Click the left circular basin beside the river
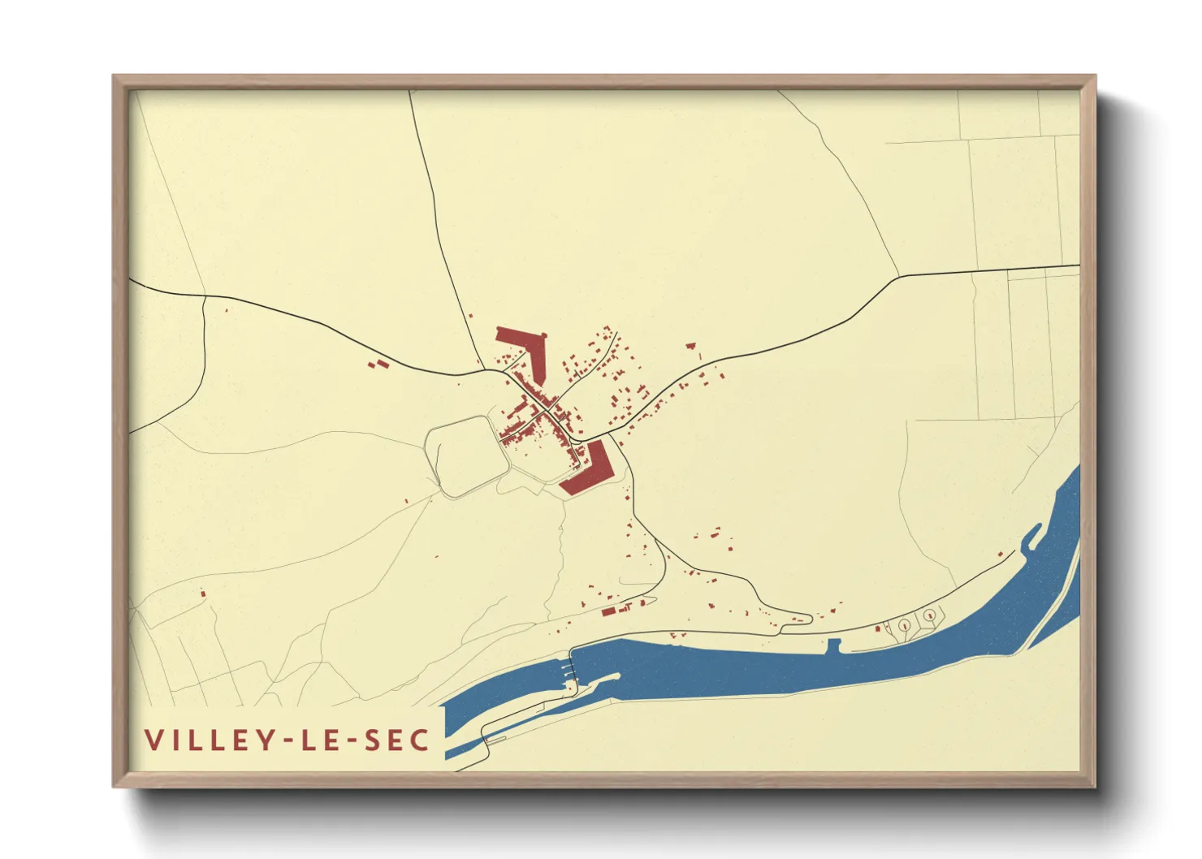point(904,625)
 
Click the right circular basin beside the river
point(928,616)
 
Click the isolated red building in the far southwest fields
point(202,594)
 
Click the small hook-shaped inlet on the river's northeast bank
point(1031,535)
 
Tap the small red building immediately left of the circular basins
point(878,628)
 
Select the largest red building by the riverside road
point(608,611)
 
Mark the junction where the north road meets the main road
point(486,370)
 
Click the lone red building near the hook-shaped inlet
point(1001,555)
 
